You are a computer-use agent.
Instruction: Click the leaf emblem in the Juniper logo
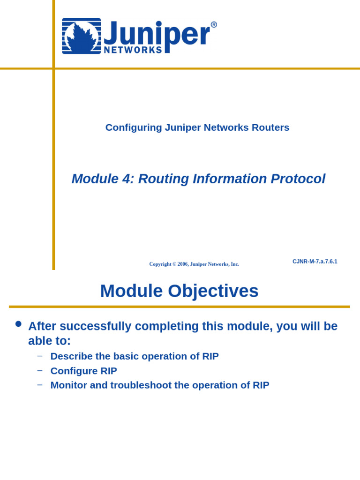pyautogui.click(x=81, y=36)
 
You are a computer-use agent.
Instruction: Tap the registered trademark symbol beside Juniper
pyautogui.click(x=214, y=25)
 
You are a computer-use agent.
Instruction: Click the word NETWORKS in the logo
pyautogui.click(x=133, y=50)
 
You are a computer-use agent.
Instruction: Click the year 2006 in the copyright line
pyautogui.click(x=183, y=264)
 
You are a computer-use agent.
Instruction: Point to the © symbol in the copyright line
pyautogui.click(x=174, y=264)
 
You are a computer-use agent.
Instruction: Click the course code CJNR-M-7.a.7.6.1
pyautogui.click(x=315, y=262)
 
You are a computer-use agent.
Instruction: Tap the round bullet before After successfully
pyautogui.click(x=18, y=324)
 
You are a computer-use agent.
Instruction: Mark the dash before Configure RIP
pyautogui.click(x=40, y=370)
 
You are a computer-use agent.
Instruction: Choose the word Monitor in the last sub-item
pyautogui.click(x=70, y=385)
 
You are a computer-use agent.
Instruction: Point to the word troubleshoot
pyautogui.click(x=141, y=385)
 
